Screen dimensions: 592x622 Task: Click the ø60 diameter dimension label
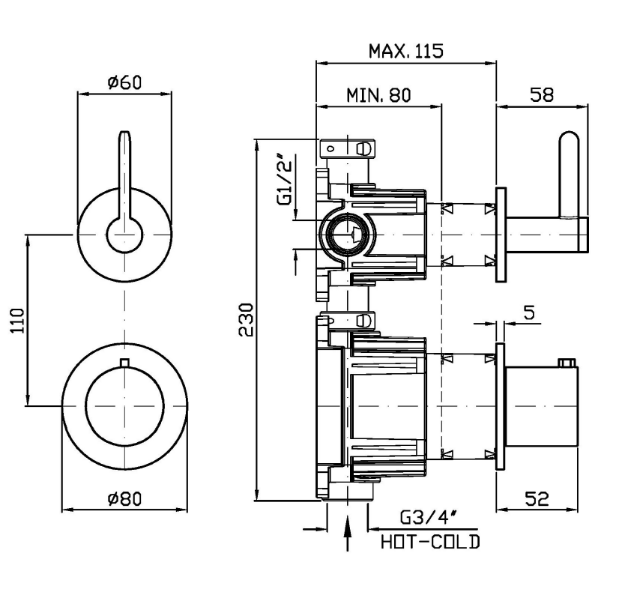[124, 82]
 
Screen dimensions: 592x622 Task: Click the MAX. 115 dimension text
[406, 51]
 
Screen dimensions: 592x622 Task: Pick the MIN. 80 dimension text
[379, 95]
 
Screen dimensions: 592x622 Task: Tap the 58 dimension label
[542, 95]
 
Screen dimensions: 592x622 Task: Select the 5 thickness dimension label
[530, 312]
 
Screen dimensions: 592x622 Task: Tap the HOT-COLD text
[429, 541]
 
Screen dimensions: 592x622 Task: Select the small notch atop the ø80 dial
[124, 364]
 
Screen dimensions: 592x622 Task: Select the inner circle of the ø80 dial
[124, 405]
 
